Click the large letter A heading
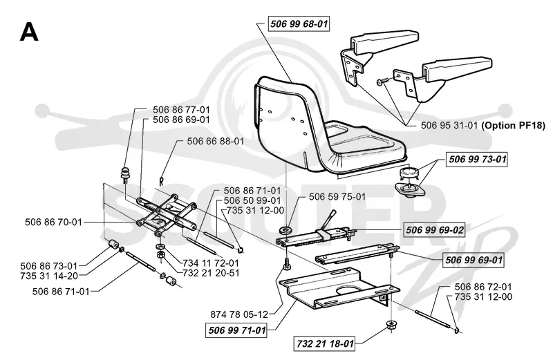point(29,32)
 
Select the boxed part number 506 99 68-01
point(299,24)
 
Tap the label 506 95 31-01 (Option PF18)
point(483,125)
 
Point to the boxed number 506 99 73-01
point(477,160)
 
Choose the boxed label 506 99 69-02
point(435,230)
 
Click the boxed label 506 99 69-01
point(474,260)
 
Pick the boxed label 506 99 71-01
point(236,330)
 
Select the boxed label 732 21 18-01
point(325,343)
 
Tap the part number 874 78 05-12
point(239,314)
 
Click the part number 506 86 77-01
point(181,110)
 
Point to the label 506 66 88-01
point(216,141)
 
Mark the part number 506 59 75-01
point(337,196)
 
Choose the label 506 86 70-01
point(53,222)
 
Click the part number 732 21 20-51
point(211,273)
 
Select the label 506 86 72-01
point(483,287)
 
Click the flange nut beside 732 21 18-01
point(391,324)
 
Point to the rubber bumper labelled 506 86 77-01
point(124,175)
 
